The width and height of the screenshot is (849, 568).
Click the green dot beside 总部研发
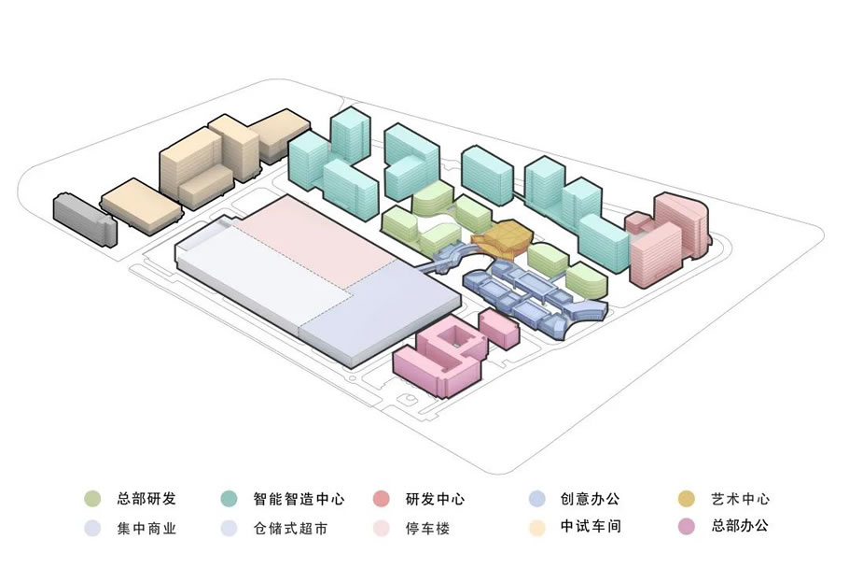coord(92,499)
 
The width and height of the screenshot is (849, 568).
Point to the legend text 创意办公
coord(590,499)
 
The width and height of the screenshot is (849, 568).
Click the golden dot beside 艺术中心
coord(687,499)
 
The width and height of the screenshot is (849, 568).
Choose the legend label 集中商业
coord(146,529)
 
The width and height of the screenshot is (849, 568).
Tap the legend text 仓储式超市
coord(289,529)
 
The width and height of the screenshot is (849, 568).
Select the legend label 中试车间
coord(590,527)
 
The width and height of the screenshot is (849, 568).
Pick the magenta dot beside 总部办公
coord(687,527)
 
